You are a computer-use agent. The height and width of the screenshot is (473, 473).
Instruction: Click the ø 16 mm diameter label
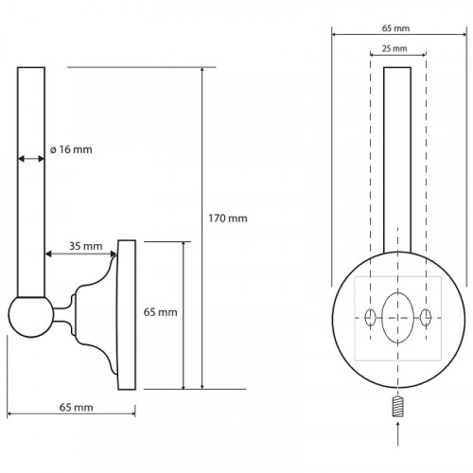tap(71, 149)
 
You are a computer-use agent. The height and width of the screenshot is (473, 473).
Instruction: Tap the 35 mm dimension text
tap(86, 246)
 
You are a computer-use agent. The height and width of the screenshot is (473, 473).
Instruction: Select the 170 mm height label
tap(228, 219)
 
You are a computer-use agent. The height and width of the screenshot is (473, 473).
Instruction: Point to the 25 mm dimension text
tap(394, 48)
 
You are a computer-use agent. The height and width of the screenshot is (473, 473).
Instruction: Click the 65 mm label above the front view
tap(395, 28)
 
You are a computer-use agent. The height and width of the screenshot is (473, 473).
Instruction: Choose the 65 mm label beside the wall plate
tap(160, 312)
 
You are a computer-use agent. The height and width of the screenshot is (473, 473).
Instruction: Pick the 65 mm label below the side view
tap(77, 408)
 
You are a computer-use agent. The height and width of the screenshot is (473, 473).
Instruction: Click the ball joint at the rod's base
tap(31, 317)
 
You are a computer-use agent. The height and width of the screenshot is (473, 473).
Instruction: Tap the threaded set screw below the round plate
tap(398, 406)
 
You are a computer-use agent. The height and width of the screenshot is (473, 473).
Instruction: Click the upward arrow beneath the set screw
tap(398, 433)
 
